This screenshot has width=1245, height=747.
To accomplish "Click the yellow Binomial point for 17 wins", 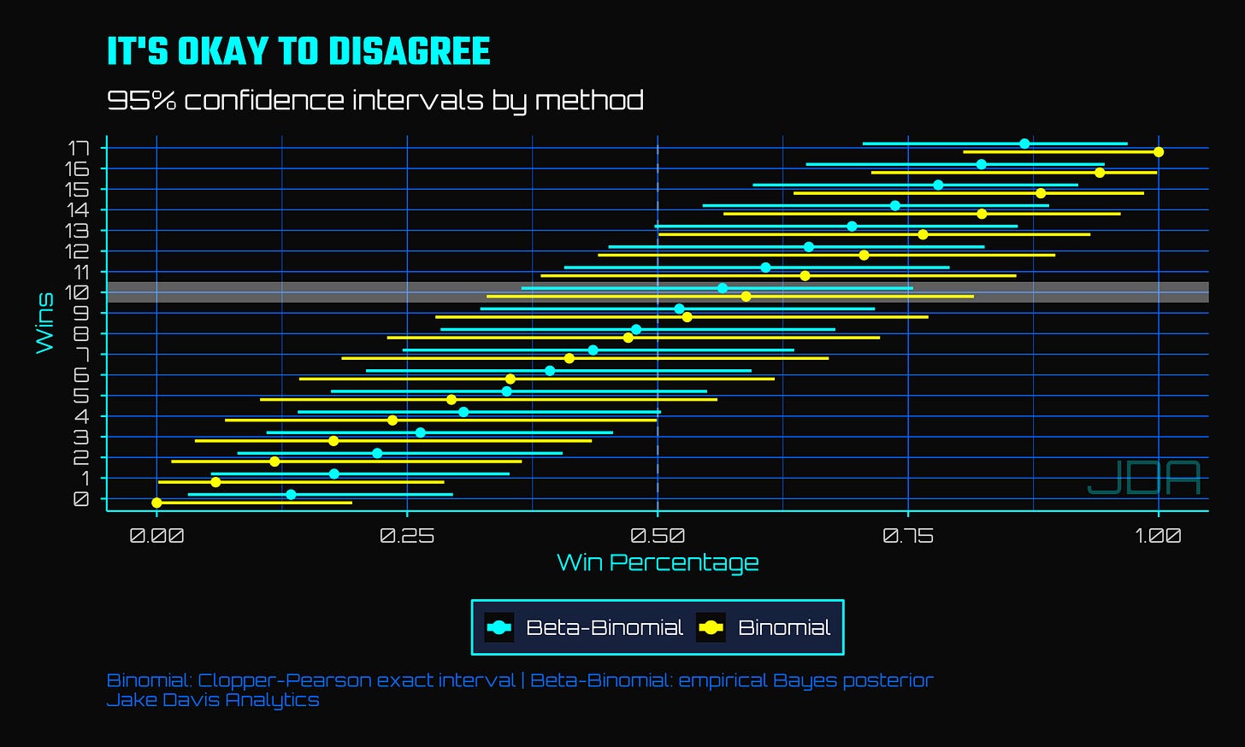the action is [x=1159, y=151].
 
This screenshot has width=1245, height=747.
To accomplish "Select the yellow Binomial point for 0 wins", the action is [x=156, y=503].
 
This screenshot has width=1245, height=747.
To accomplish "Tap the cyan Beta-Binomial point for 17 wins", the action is [x=1024, y=144].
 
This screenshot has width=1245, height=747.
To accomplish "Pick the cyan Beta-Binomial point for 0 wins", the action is [x=291, y=494].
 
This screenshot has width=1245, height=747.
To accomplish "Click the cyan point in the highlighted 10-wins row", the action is [x=722, y=288].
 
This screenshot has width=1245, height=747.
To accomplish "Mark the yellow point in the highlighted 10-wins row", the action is [x=746, y=297].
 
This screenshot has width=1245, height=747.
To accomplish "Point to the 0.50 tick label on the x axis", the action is [x=658, y=535].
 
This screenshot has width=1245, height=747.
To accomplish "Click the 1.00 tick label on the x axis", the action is [x=1158, y=535].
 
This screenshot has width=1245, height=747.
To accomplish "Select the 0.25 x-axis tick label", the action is [x=407, y=535].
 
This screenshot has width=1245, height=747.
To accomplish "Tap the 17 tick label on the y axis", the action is [x=79, y=148].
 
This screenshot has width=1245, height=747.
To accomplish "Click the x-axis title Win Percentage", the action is [x=658, y=562].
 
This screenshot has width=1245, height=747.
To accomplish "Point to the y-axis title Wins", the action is [x=44, y=323].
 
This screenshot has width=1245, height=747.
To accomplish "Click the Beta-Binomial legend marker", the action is [x=499, y=627].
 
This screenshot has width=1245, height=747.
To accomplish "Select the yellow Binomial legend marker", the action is [x=711, y=627].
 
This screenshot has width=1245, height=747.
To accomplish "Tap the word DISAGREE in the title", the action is [x=410, y=51].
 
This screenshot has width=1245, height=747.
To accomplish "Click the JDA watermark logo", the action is [x=1144, y=478].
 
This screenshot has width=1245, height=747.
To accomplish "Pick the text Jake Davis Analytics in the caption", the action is [x=213, y=700].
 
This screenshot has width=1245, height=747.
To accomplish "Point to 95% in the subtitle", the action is [x=141, y=101].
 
